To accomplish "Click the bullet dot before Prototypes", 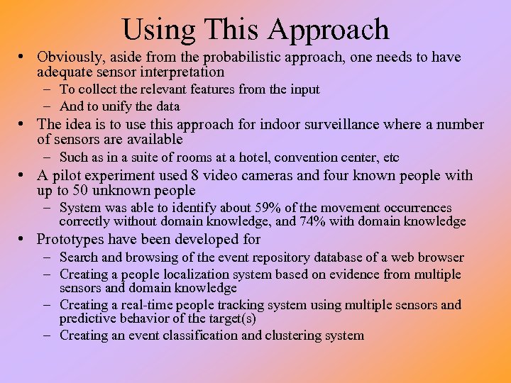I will (25, 240).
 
